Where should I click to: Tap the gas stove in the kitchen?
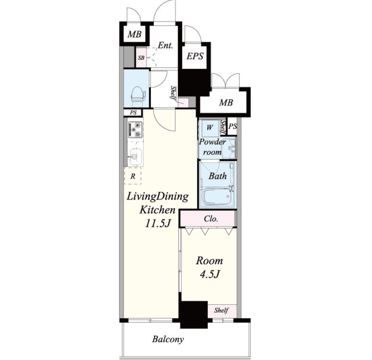(x=135, y=130)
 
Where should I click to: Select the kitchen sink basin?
(x=135, y=157)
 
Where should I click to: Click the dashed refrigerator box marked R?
(x=133, y=176)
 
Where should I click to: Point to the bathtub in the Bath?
(x=217, y=196)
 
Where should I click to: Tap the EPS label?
(x=195, y=56)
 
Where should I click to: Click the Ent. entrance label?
(x=165, y=45)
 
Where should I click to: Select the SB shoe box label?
(x=141, y=58)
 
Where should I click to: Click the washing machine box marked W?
(x=209, y=128)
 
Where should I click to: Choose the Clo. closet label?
(x=211, y=219)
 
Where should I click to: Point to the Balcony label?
(x=168, y=339)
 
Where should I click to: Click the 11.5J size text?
(x=158, y=223)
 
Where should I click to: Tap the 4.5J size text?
(x=210, y=274)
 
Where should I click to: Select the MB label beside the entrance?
(x=134, y=34)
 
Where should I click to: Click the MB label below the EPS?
(x=226, y=103)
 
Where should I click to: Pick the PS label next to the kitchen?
(x=133, y=112)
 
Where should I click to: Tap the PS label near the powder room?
(x=233, y=126)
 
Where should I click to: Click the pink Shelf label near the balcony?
(x=221, y=310)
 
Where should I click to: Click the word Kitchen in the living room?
(x=158, y=210)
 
